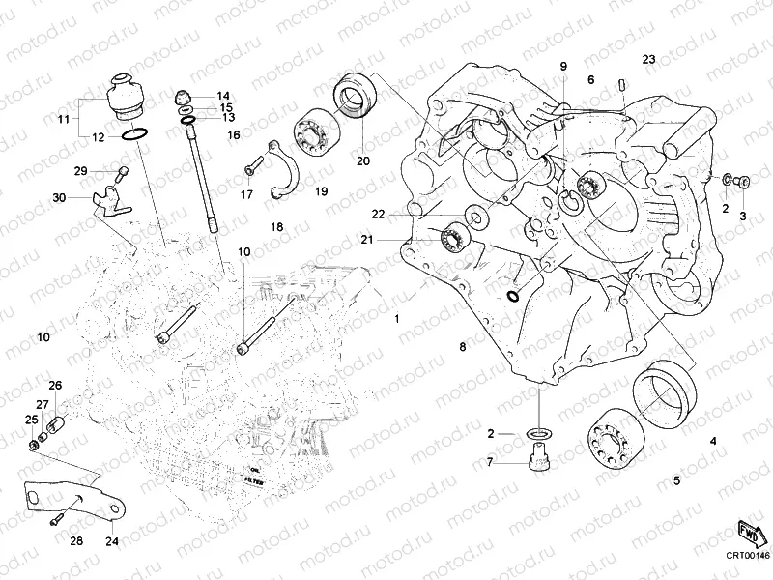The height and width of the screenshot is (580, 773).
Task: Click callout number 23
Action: [x=648, y=60]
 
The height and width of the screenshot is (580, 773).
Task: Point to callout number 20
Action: [x=364, y=160]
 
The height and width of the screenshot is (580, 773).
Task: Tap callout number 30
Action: [x=59, y=197]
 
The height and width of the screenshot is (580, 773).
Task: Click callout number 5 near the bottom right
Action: [x=676, y=479]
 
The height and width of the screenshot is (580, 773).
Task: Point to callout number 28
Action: [x=75, y=541]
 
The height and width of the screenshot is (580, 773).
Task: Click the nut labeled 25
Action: [x=36, y=445]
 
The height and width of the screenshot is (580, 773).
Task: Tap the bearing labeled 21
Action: [x=451, y=237]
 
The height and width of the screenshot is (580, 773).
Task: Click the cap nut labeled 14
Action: [x=181, y=95]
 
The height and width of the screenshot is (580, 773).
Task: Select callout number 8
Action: [x=463, y=345]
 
